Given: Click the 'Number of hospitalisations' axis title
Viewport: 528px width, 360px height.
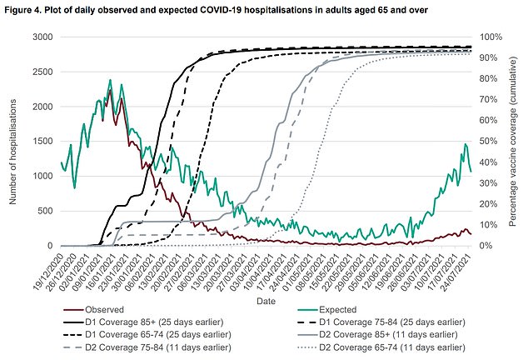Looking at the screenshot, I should [11, 142].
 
